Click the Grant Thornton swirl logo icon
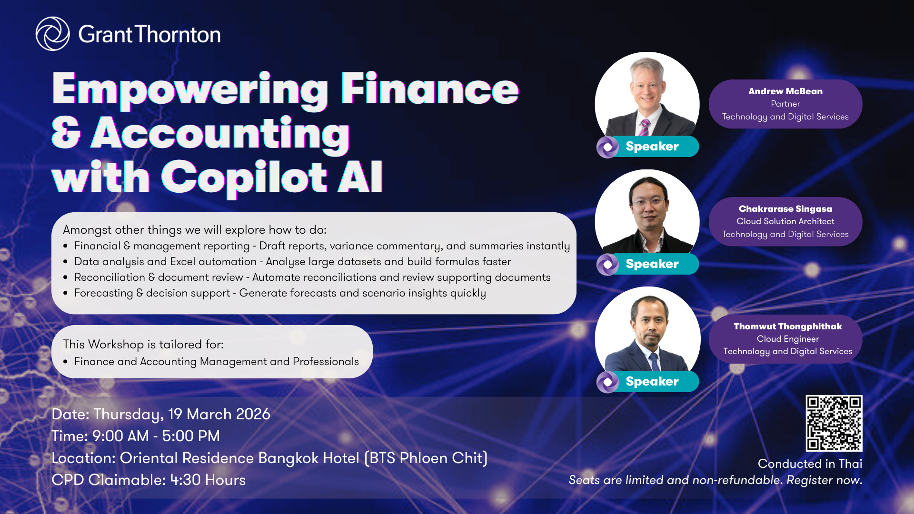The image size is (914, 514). [x=53, y=34]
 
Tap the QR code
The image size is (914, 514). [x=834, y=423]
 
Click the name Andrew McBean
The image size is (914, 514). [x=785, y=91]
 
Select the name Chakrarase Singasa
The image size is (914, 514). [x=785, y=209]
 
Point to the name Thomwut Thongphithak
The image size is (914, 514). [x=787, y=326]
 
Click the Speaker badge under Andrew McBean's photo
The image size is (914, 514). [x=647, y=147]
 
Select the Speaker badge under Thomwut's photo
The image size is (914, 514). [x=647, y=382]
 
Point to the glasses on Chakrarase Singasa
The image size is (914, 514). [x=648, y=202]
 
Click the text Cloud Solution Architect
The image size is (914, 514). [x=785, y=221]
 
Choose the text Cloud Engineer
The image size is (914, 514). [x=788, y=339]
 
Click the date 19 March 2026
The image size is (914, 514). [x=219, y=414]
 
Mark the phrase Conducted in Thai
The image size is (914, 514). [x=810, y=464]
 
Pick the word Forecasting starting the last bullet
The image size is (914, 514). [x=104, y=294]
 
